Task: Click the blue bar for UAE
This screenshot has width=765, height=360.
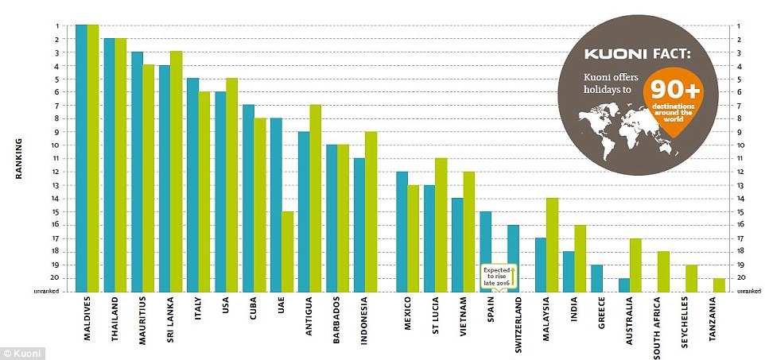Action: pyautogui.click(x=276, y=205)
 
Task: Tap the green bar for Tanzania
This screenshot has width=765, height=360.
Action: pyautogui.click(x=719, y=285)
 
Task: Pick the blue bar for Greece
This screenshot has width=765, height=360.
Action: pyautogui.click(x=597, y=278)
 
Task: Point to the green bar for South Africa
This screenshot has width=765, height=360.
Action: pyautogui.click(x=663, y=271)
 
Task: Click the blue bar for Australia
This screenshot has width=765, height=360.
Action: pyautogui.click(x=624, y=285)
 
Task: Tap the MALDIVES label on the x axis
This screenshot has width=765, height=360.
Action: pyautogui.click(x=87, y=320)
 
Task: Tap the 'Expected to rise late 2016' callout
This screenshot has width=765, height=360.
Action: pyautogui.click(x=498, y=276)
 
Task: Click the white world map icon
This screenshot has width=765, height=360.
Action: pyautogui.click(x=612, y=126)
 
